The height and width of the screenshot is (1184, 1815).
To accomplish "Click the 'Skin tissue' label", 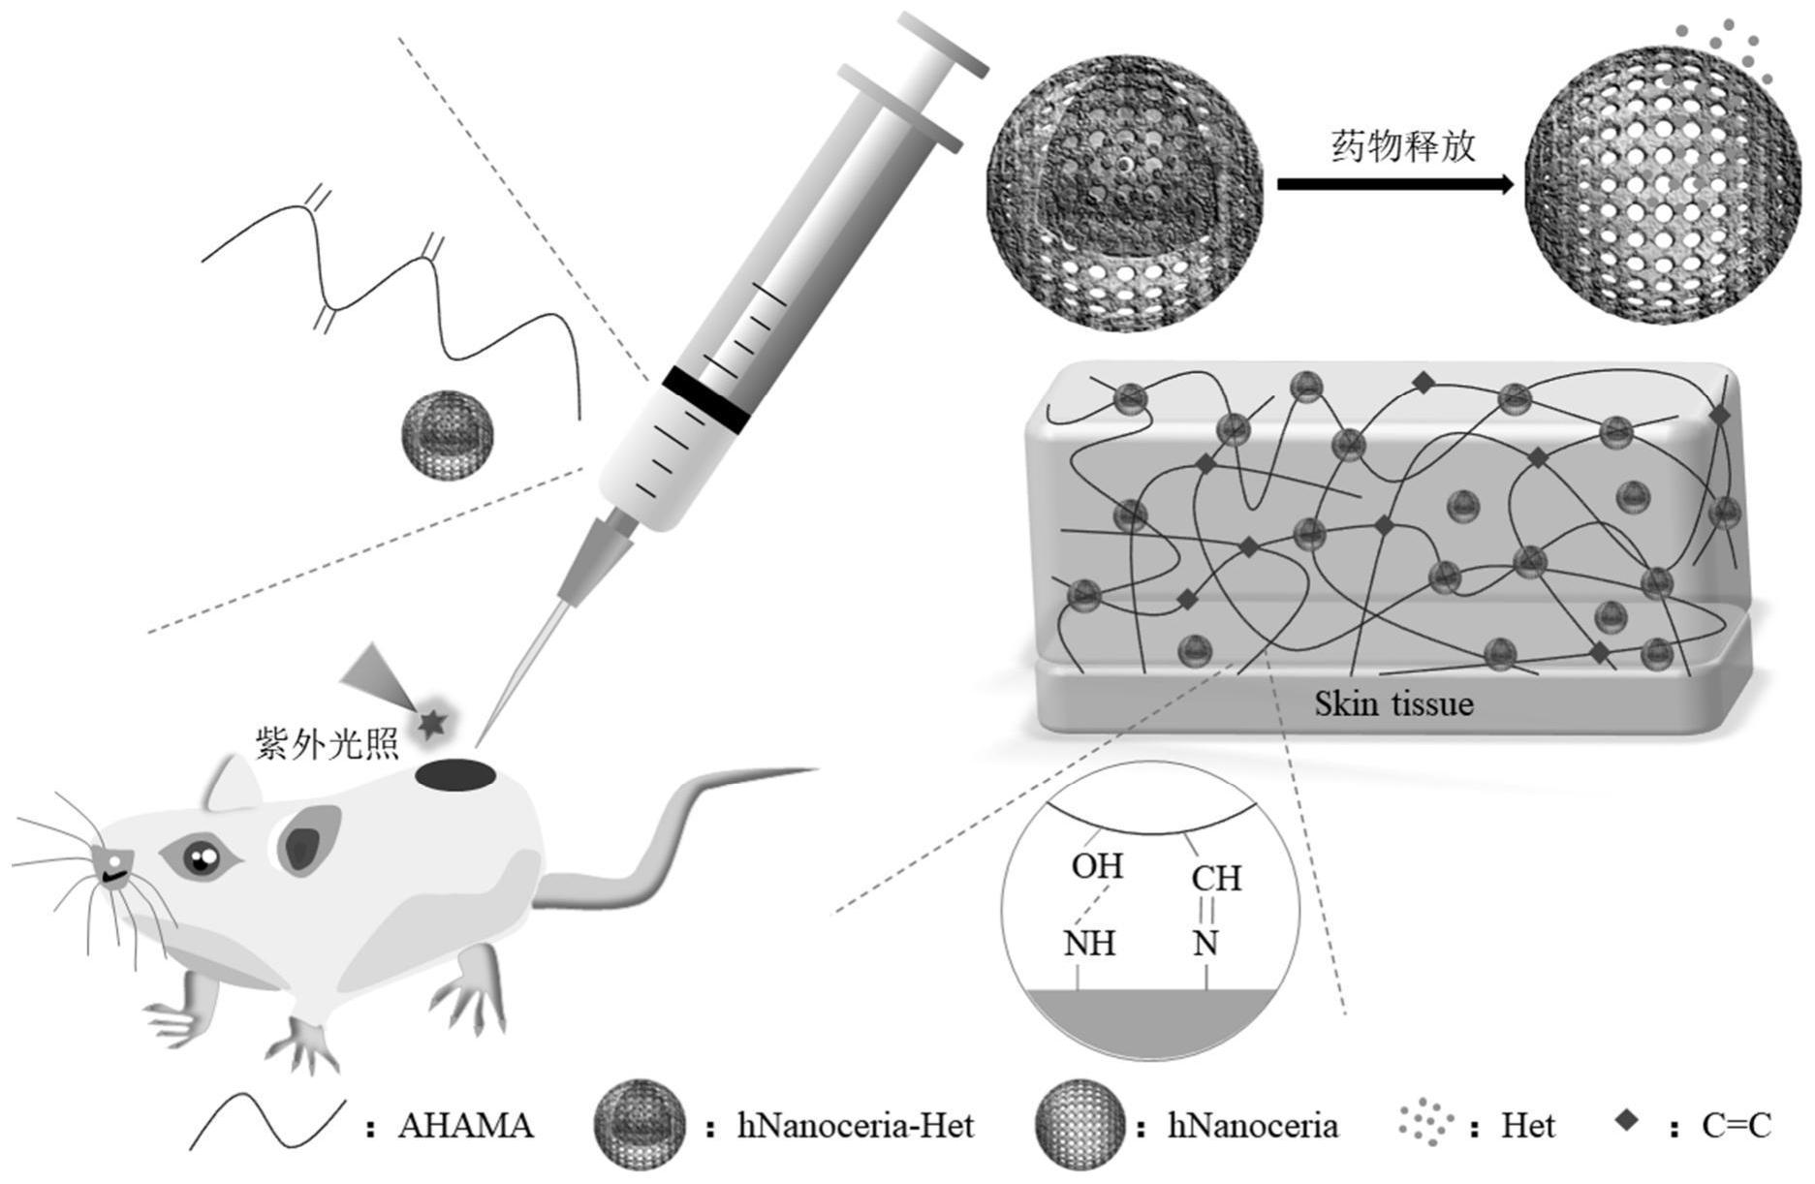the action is [1393, 703].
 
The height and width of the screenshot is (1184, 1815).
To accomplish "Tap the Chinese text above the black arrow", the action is [1403, 146].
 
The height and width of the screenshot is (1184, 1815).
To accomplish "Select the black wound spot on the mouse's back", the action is [455, 775].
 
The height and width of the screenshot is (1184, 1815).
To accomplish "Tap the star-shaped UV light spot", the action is [432, 722].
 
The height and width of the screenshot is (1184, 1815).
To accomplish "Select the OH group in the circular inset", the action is [1097, 865].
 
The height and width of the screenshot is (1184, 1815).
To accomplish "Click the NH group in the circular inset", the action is [1089, 943].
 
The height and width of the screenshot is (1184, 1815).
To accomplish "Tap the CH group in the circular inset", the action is [1216, 878].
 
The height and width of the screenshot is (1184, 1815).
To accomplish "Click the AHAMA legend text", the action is [465, 1126].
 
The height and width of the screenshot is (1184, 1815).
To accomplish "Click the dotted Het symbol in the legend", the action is [1425, 1124].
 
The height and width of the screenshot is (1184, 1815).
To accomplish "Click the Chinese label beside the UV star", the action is [327, 744].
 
